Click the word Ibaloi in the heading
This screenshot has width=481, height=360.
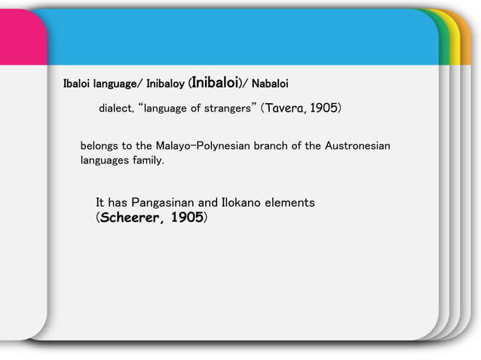[78, 82]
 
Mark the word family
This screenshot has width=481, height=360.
[148, 160]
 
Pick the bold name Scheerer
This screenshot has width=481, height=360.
[129, 218]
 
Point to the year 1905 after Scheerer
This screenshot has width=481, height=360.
[185, 218]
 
